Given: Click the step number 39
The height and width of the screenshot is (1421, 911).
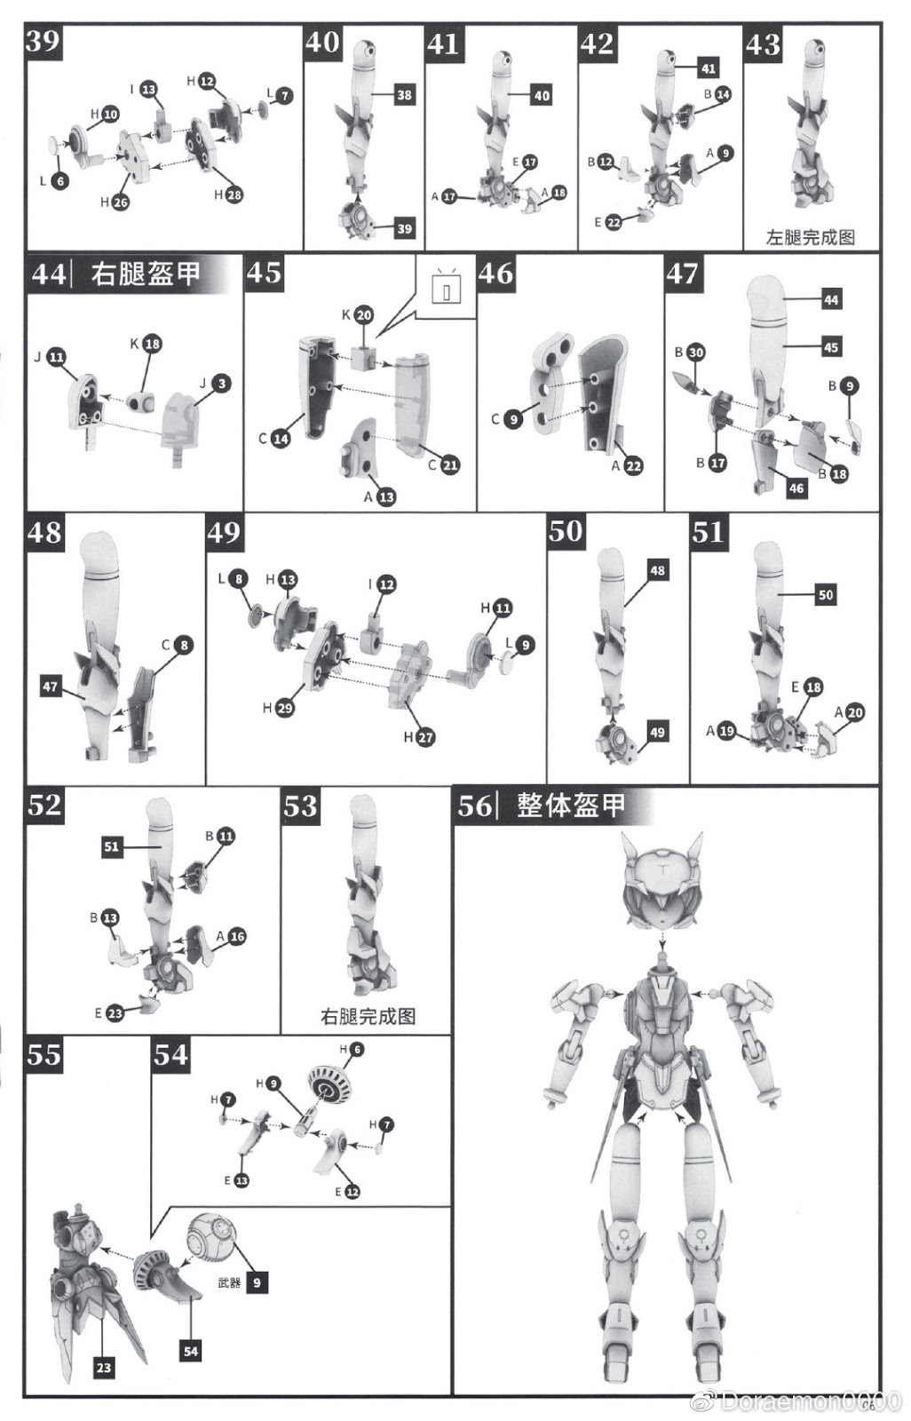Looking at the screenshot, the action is point(43,41).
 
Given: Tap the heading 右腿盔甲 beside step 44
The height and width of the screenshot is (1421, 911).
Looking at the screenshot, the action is point(145,273).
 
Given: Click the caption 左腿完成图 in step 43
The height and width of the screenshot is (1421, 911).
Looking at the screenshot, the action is point(810,237).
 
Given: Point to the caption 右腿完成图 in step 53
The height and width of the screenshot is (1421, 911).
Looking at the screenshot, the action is point(368,1016).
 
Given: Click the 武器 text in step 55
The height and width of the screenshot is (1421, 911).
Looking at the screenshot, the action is point(229,1282).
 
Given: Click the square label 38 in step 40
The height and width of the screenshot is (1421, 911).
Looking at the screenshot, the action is point(404,94).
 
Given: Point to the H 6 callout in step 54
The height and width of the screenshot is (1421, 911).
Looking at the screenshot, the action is point(352,1050).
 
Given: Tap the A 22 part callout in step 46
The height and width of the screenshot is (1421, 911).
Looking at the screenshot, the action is point(627,466).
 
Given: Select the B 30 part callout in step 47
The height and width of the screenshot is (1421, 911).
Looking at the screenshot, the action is point(689,353).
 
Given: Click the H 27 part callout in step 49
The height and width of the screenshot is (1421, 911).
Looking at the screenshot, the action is point(420,737).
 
